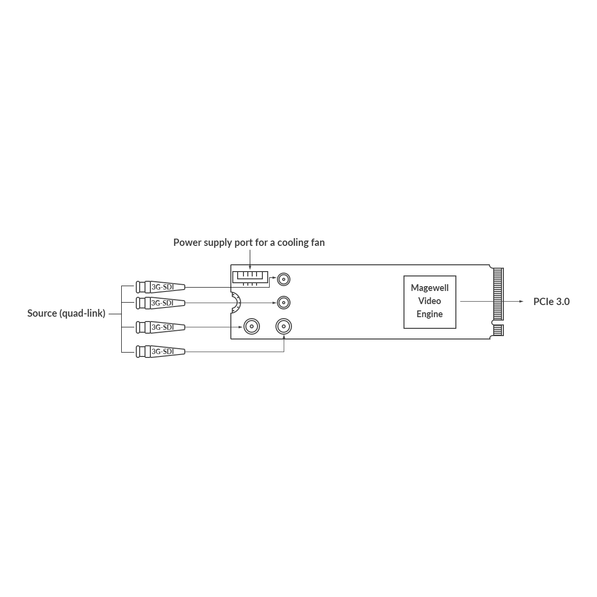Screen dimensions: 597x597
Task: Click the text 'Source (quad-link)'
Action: coord(66,313)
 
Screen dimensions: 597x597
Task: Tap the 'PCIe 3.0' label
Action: coord(551,302)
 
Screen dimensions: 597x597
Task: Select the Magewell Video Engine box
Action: coord(430,302)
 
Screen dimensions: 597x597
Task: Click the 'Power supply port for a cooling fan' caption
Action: coord(249,242)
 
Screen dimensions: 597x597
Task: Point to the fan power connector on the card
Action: coord(250,278)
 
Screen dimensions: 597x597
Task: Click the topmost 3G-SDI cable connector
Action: coord(161,287)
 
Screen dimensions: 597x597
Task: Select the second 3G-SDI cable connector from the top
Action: coord(161,303)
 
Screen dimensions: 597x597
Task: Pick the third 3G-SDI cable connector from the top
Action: coord(161,327)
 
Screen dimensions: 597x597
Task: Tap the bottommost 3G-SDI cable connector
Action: coord(161,352)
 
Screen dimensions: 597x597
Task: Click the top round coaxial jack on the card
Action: coord(284,279)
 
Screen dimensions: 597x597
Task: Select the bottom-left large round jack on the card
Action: coord(252,326)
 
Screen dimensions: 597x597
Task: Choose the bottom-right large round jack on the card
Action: coord(284,326)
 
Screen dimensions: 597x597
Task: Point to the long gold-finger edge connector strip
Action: coord(498,294)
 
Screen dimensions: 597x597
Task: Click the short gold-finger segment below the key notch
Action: coord(498,330)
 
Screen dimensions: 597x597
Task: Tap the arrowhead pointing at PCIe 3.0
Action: coord(521,301)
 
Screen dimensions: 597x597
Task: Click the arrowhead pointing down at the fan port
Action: coord(250,267)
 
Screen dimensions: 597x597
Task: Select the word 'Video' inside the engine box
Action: coord(429,301)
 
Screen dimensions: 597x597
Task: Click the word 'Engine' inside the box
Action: coord(429,314)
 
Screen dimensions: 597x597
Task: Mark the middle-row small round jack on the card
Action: coord(284,302)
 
